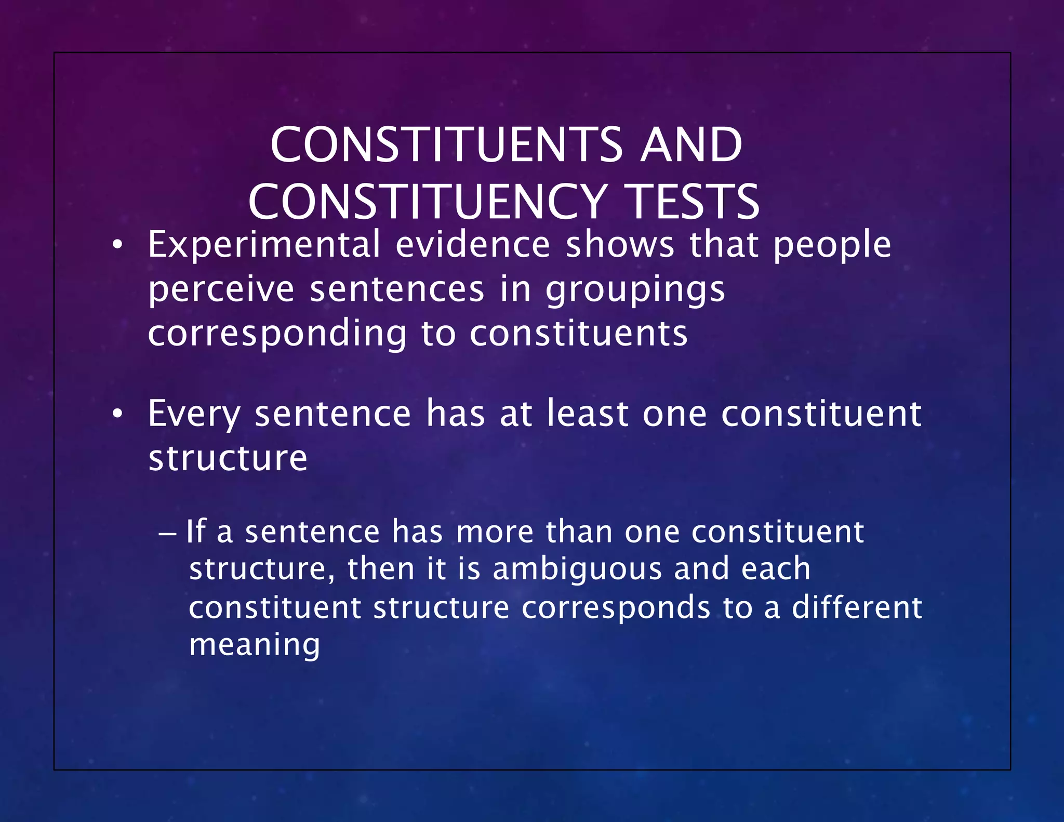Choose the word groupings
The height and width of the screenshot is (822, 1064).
(x=635, y=290)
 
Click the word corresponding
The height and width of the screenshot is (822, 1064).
(x=277, y=334)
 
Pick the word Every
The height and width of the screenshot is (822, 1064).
(x=194, y=415)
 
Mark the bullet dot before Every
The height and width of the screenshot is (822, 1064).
(x=118, y=414)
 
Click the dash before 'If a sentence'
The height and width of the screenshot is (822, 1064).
(x=168, y=533)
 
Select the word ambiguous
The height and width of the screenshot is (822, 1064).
(x=577, y=569)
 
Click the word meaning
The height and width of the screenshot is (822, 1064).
(x=255, y=645)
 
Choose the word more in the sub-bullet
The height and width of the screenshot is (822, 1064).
(x=495, y=532)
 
